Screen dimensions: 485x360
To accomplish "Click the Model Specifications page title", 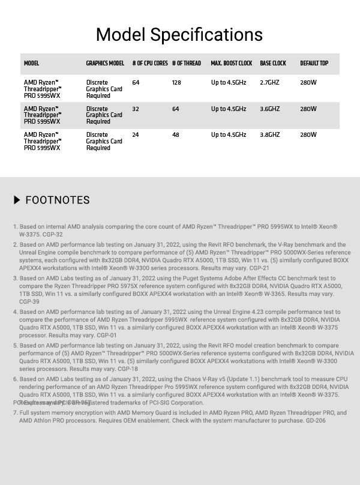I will tap(179, 34).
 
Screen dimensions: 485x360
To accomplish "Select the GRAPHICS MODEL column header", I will tap(105, 64).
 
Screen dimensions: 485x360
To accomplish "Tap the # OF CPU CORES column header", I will tap(150, 64).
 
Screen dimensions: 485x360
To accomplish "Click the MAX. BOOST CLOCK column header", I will tap(232, 64).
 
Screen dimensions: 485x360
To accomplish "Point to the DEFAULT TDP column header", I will tap(314, 64).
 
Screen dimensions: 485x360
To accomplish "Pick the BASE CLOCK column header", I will tap(273, 64).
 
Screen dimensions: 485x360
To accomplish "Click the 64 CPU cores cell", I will tap(136, 83).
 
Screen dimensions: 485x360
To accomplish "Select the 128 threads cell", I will tap(176, 83).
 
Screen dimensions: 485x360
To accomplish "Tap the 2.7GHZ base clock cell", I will tap(269, 83).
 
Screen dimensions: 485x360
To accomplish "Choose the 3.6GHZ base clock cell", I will tap(269, 109).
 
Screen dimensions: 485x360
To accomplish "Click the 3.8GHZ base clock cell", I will tap(269, 135).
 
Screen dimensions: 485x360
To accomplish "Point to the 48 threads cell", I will tap(175, 135).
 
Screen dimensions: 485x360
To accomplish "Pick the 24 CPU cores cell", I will tap(136, 135).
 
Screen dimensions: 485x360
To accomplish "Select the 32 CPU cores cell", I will tap(136, 109).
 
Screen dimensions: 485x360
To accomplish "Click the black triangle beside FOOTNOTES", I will tap(17, 200).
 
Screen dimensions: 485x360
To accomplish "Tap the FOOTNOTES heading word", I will tap(58, 200).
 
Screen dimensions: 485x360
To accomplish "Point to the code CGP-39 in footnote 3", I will tap(29, 302).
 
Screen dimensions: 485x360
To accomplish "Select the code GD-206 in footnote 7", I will tap(315, 421).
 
